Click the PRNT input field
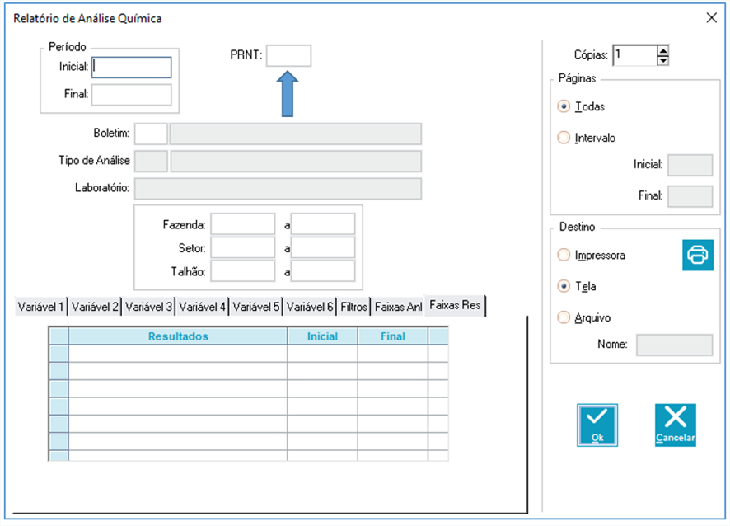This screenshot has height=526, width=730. click(x=288, y=56)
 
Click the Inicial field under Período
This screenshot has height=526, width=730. click(x=132, y=67)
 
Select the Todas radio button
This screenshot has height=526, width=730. click(x=564, y=106)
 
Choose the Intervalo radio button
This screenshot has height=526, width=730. click(x=564, y=138)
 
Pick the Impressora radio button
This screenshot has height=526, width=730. click(x=564, y=255)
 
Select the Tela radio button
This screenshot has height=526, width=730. click(x=564, y=286)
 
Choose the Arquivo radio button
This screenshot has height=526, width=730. click(x=564, y=317)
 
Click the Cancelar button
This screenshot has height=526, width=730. click(x=676, y=425)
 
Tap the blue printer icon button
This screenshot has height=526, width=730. click(x=698, y=255)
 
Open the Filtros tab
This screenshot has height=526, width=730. click(x=353, y=307)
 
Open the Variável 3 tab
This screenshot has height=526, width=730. click(x=148, y=307)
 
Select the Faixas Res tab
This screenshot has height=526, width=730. click(x=455, y=306)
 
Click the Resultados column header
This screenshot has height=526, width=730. click(x=178, y=336)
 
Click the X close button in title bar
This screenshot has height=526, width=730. click(x=711, y=17)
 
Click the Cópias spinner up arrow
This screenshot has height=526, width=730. click(x=663, y=50)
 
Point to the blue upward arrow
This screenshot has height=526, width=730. click(x=288, y=94)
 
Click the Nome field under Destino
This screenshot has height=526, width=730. click(x=675, y=345)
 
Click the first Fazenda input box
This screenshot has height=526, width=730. click(x=243, y=224)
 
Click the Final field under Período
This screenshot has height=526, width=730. click(x=132, y=95)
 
